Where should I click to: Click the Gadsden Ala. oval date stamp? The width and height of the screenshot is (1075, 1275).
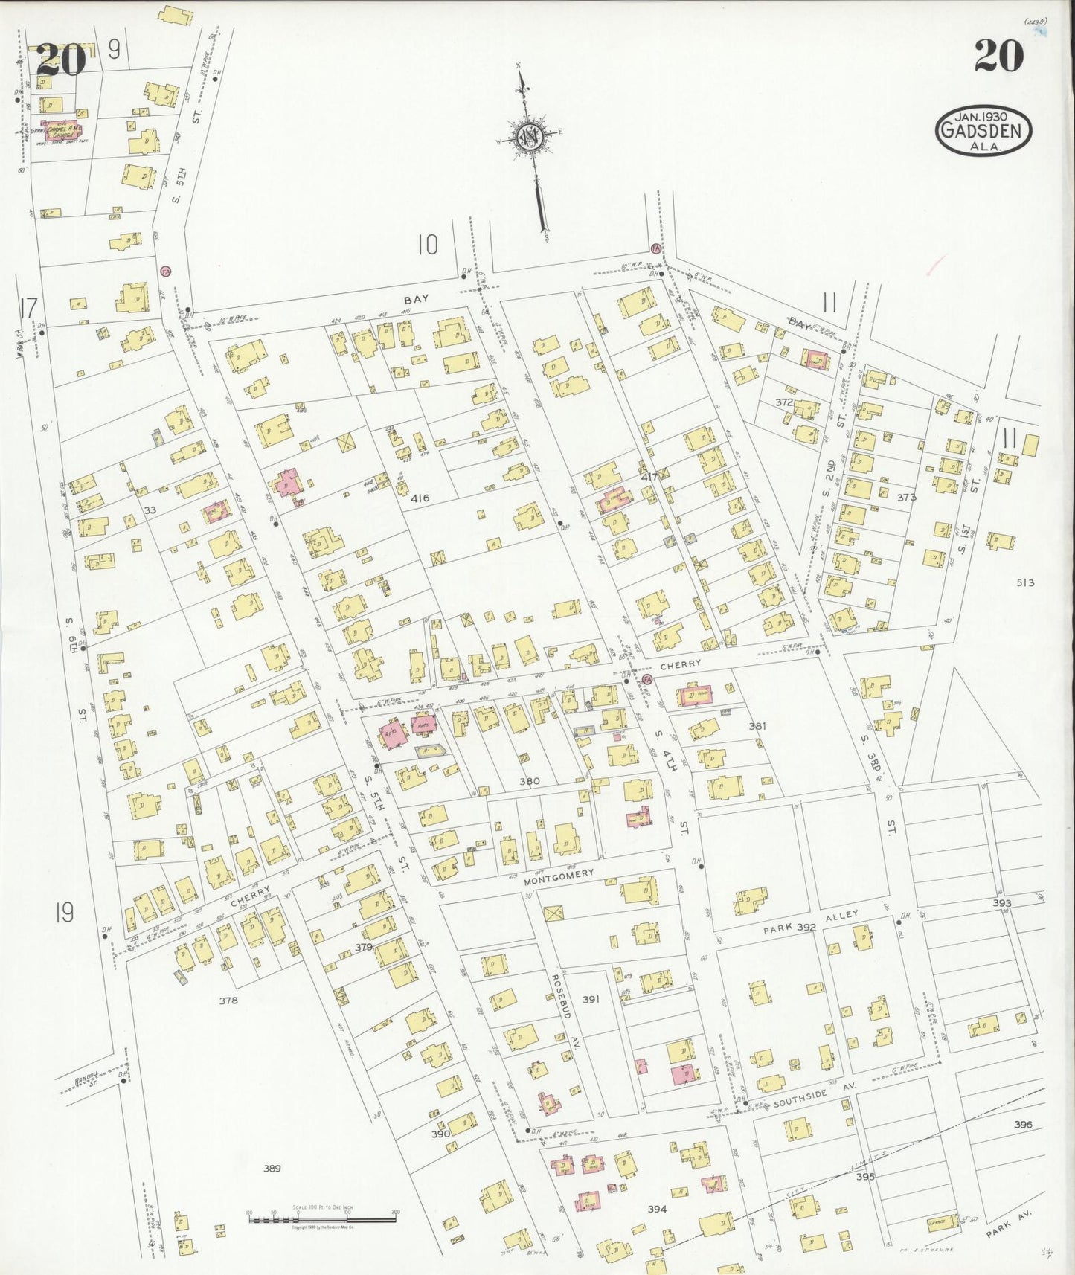(983, 131)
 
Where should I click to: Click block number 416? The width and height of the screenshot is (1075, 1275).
(420, 498)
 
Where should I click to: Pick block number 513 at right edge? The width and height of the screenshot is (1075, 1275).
(1025, 582)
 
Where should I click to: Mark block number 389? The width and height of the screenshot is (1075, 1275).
(272, 1169)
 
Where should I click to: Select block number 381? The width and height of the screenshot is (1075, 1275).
(757, 725)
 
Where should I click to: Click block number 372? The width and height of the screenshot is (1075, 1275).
(783, 402)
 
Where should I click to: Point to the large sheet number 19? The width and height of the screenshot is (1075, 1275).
(64, 912)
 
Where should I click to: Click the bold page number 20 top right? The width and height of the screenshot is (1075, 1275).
(998, 57)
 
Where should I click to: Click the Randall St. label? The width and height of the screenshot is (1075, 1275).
(87, 1082)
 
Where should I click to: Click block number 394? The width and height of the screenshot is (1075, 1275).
(656, 1209)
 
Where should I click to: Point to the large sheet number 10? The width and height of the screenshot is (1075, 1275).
(427, 245)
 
